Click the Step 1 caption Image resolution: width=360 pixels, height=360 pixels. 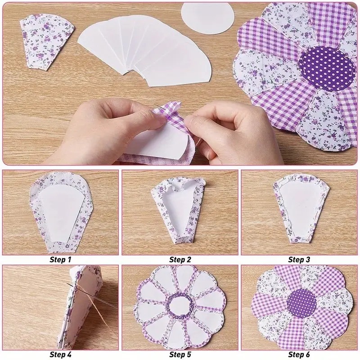point(60,260)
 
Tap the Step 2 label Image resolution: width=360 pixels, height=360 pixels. point(180,260)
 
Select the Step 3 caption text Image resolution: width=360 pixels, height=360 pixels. point(299,260)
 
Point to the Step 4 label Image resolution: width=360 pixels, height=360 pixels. point(60,354)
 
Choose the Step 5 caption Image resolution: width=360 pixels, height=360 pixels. point(180,354)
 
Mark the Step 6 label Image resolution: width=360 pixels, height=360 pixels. point(299,354)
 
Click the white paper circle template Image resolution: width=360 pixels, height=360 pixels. point(207,18)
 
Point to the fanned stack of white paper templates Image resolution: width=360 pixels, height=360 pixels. point(144,50)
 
